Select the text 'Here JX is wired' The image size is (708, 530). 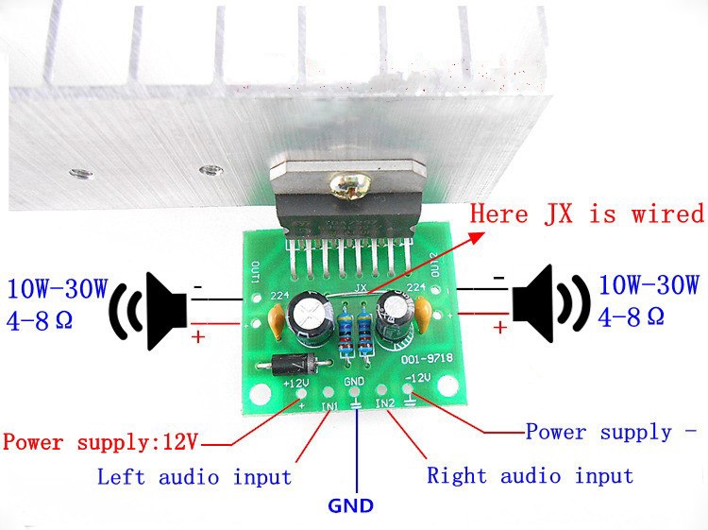pyautogui.click(x=586, y=214)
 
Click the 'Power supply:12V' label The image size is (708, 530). pyautogui.click(x=101, y=441)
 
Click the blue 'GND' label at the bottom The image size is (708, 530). pyautogui.click(x=351, y=505)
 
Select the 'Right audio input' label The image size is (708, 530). pyautogui.click(x=530, y=475)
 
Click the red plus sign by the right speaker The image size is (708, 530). pyautogui.click(x=499, y=326)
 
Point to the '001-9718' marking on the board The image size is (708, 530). pyautogui.click(x=412, y=360)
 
